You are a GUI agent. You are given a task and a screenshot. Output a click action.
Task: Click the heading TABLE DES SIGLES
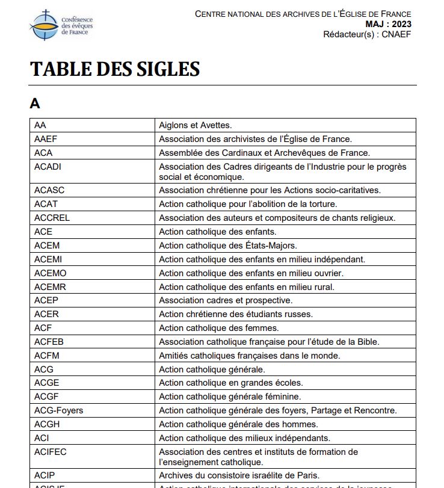coord(114,69)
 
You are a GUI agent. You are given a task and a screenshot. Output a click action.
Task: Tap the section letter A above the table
coord(35,103)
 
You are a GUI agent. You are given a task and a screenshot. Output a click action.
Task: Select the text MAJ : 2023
coord(389,24)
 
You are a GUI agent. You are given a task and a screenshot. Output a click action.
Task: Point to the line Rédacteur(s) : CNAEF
coord(367,34)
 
